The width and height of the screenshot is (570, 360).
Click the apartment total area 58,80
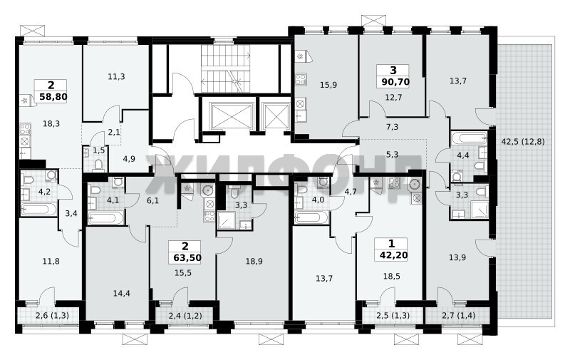(53, 97)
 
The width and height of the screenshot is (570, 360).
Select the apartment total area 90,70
(395, 82)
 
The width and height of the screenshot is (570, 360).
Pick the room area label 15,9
(328, 85)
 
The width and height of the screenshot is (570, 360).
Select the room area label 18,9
(254, 261)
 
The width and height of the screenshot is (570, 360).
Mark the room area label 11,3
(116, 76)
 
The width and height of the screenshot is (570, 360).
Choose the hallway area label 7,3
(393, 127)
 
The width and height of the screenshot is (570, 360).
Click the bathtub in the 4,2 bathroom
(38, 210)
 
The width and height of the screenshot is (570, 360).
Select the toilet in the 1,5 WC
(98, 165)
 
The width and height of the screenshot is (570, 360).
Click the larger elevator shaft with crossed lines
(232, 116)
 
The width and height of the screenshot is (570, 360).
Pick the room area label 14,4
(121, 293)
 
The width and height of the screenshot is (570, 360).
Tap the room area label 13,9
(457, 257)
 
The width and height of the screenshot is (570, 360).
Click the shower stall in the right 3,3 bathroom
(480, 210)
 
